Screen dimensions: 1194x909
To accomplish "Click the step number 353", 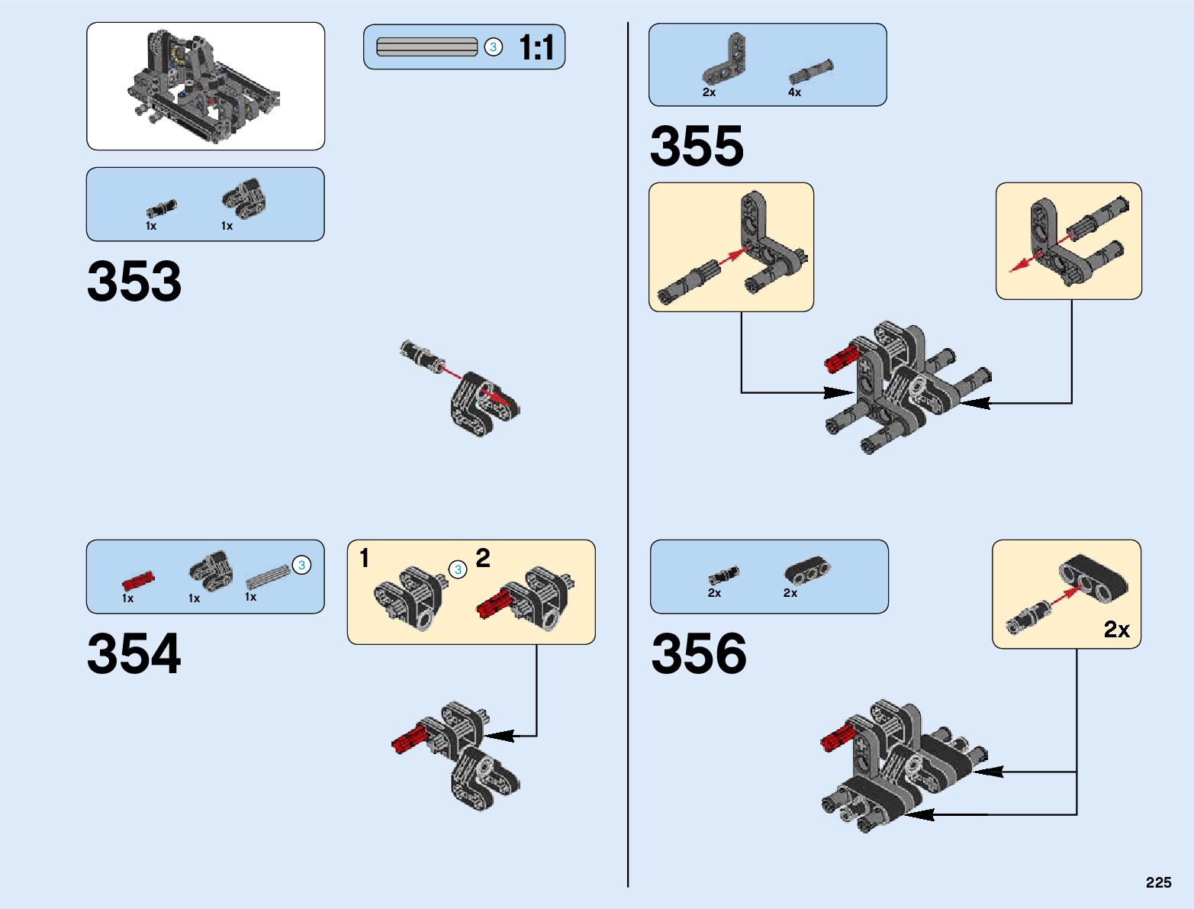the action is [134, 281].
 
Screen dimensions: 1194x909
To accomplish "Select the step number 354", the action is [134, 653].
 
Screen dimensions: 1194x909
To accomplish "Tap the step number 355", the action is [697, 146].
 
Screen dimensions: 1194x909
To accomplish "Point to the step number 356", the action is [699, 653].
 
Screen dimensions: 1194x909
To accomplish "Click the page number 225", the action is [1158, 882].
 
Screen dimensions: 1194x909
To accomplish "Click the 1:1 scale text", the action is [536, 47].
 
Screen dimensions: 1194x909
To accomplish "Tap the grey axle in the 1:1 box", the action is [426, 47].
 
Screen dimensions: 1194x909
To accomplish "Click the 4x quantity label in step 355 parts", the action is [794, 92].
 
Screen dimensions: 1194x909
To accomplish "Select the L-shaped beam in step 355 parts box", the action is [725, 60].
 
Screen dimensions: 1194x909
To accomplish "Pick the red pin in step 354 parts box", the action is [138, 580].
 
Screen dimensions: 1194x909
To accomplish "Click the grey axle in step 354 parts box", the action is [268, 576].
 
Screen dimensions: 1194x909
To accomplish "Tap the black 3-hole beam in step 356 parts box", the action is [808, 569].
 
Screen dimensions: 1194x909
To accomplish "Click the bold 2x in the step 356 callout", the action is [1116, 629].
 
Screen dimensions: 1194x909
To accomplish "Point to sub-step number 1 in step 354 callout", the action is [365, 558].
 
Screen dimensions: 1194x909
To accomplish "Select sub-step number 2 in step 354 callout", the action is [483, 558].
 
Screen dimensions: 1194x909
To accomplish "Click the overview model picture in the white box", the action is [205, 86].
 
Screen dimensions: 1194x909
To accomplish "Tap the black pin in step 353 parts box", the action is [161, 208].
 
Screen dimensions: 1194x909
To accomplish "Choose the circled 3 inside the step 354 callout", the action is [458, 569].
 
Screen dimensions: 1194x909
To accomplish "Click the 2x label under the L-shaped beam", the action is [709, 92].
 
